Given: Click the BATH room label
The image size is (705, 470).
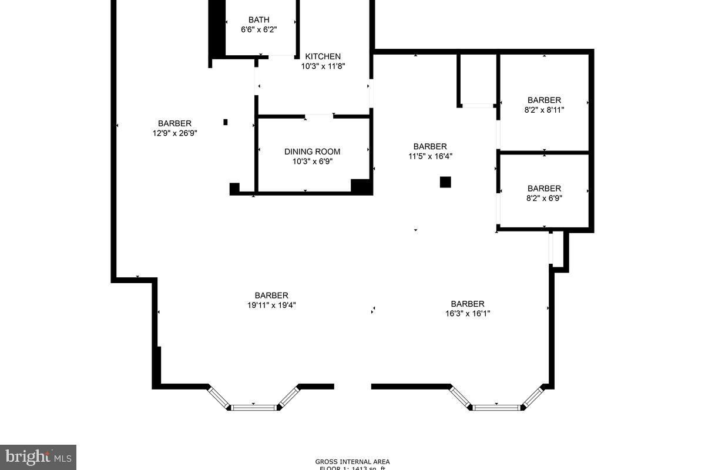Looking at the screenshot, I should click(258, 20).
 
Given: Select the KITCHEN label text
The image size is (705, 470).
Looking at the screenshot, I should click(323, 56).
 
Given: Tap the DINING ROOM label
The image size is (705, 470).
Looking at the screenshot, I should click(312, 152).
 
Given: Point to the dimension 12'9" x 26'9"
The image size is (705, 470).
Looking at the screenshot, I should click(174, 133).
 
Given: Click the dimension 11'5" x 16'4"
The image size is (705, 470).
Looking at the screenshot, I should click(430, 156).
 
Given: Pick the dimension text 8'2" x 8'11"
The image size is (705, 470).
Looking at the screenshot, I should click(544, 109).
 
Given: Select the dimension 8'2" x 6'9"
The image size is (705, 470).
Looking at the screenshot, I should click(544, 198).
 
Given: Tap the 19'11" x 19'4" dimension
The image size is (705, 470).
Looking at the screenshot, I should click(271, 305).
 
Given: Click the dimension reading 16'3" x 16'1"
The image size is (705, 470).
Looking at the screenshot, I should click(467, 313).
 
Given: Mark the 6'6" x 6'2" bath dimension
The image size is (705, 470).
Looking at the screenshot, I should click(258, 29).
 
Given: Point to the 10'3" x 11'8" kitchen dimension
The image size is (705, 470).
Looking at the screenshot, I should click(323, 66).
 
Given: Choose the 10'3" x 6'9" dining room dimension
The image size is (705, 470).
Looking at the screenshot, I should click(312, 162).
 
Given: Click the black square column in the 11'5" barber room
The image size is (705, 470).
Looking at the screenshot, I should click(445, 182).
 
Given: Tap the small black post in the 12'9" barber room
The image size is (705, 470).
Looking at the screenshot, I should click(226, 122).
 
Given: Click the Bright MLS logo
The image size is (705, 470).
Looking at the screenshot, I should click(38, 456).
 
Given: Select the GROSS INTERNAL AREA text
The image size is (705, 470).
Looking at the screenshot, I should click(352, 462).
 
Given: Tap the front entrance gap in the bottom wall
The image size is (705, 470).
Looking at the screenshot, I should click(352, 387).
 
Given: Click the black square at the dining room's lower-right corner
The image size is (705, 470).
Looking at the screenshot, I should click(361, 186).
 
